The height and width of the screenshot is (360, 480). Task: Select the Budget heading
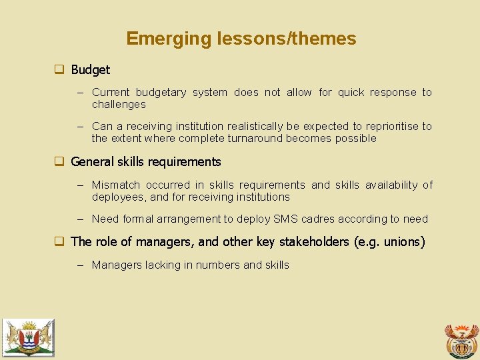(x=90, y=69)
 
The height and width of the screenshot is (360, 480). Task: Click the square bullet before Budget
(x=59, y=69)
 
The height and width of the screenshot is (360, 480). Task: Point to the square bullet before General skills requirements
(x=59, y=161)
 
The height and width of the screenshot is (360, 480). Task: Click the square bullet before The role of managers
(x=59, y=241)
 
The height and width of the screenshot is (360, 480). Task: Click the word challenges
(x=119, y=105)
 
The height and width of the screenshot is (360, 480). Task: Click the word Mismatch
(x=116, y=185)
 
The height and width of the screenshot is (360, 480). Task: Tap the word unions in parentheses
(x=400, y=241)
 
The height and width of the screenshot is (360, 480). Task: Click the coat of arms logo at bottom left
(x=28, y=337)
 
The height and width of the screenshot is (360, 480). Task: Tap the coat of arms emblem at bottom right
(x=461, y=340)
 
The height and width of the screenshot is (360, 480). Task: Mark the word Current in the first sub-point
(x=110, y=93)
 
